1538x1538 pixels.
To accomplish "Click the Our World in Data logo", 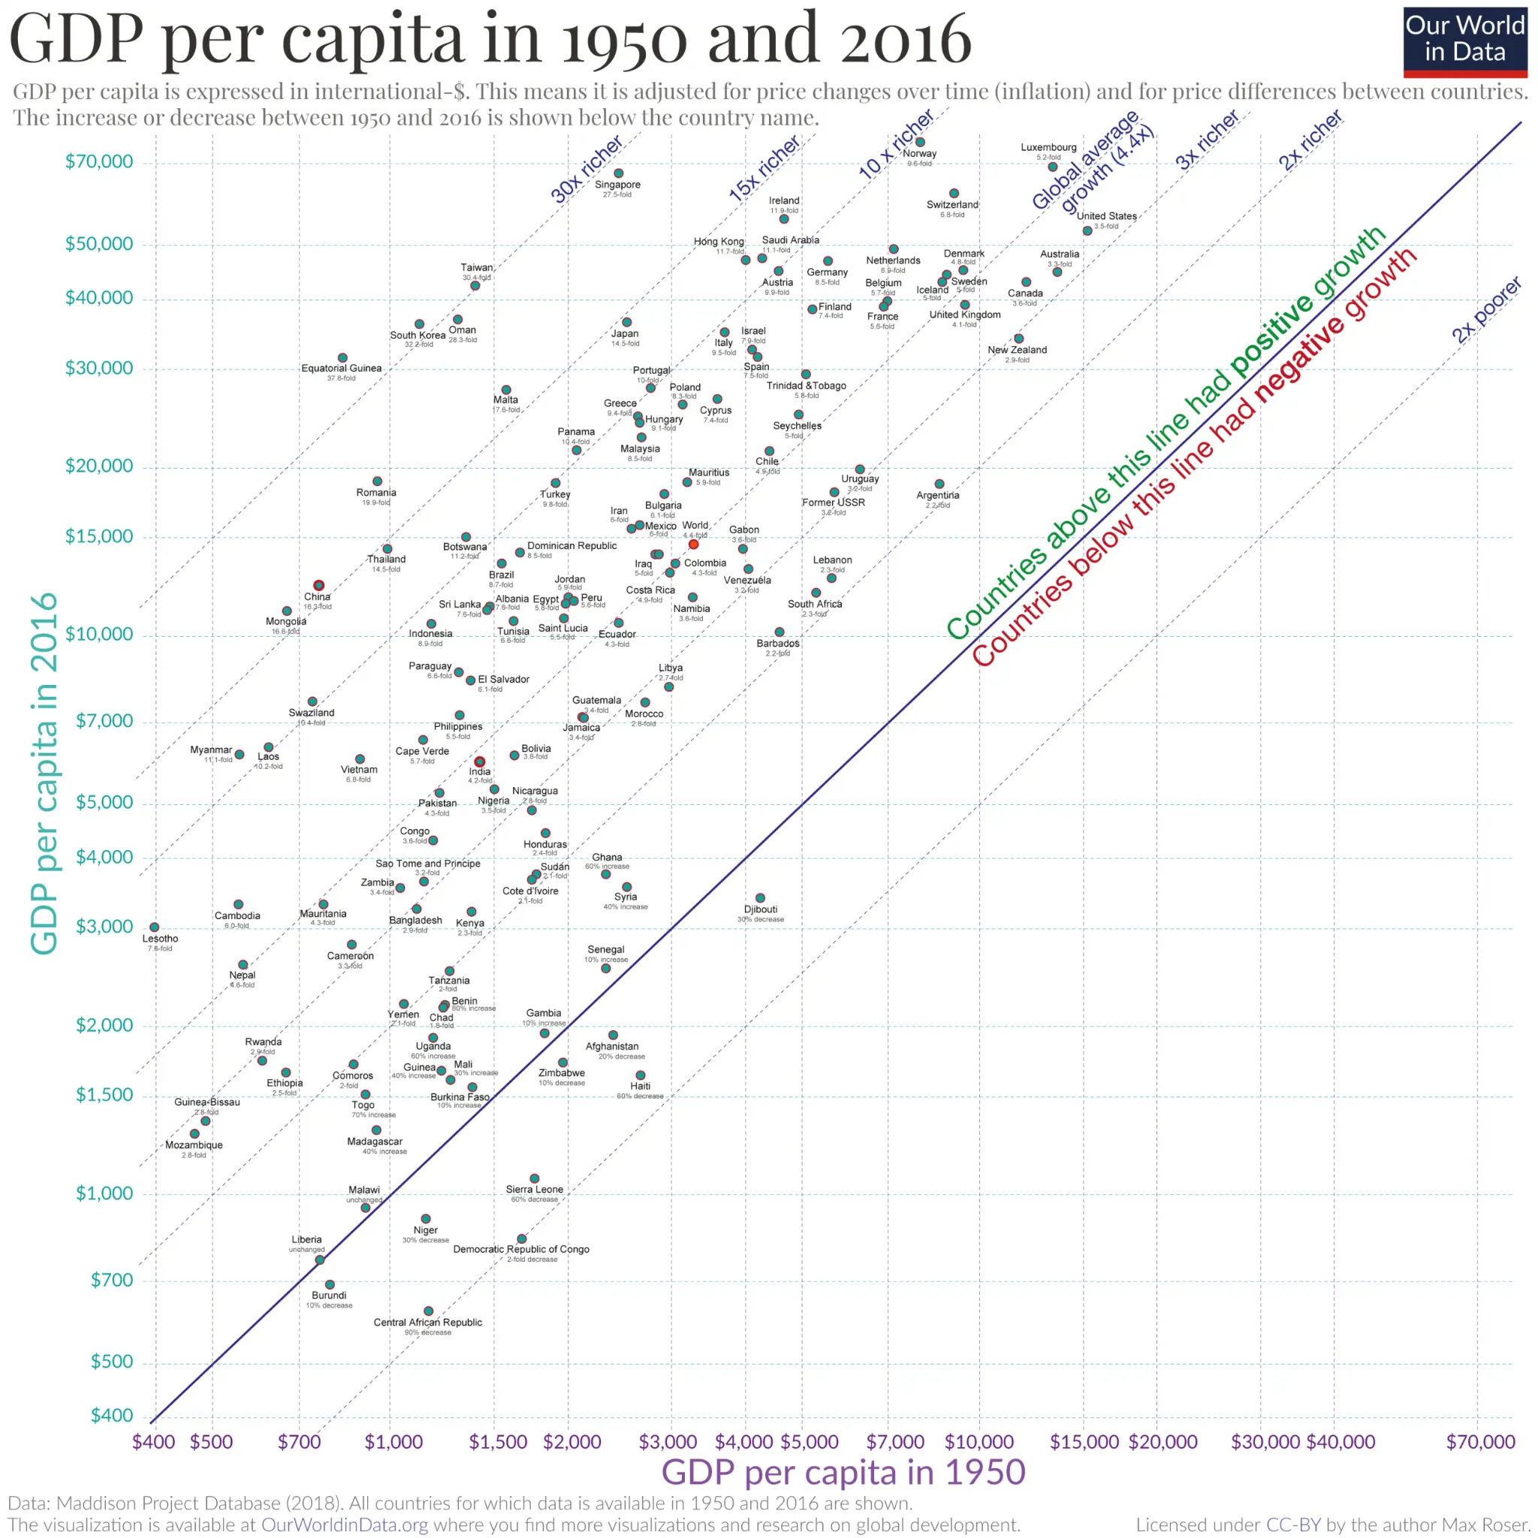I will pyautogui.click(x=1464, y=42).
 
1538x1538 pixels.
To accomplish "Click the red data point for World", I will pyautogui.click(x=693, y=544).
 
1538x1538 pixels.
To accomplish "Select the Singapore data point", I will pyautogui.click(x=619, y=173).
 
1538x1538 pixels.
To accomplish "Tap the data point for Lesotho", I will pyautogui.click(x=155, y=927).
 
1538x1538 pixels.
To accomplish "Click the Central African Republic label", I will pyautogui.click(x=427, y=1322).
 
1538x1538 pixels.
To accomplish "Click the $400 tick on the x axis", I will pyautogui.click(x=154, y=1442).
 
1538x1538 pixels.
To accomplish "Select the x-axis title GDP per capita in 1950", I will pyautogui.click(x=843, y=1472).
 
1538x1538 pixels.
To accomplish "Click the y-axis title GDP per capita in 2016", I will pyautogui.click(x=44, y=772).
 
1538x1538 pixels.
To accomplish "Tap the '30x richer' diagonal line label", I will pyautogui.click(x=587, y=169).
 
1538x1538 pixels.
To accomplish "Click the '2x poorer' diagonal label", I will pyautogui.click(x=1485, y=309).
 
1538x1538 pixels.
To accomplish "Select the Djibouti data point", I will pyautogui.click(x=759, y=898).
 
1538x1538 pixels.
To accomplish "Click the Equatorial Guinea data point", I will pyautogui.click(x=342, y=358).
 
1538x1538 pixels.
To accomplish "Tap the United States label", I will pyautogui.click(x=1105, y=216).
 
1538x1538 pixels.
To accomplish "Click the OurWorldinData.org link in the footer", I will pyautogui.click(x=344, y=1524).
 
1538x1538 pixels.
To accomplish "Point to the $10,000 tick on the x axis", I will pyautogui.click(x=979, y=1442).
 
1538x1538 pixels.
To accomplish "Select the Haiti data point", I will pyautogui.click(x=640, y=1075).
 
